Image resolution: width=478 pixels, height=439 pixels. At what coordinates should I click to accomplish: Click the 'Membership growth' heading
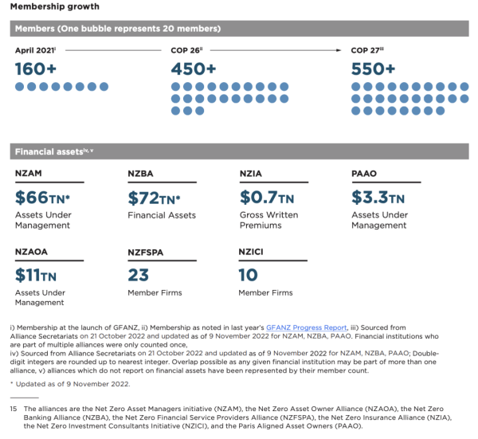[x=49, y=7]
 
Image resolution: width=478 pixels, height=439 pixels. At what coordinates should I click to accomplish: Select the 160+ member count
[x=37, y=69]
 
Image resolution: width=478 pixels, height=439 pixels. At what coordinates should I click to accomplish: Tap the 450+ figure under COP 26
[x=194, y=69]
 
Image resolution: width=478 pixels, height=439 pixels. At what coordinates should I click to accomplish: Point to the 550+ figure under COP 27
[x=373, y=69]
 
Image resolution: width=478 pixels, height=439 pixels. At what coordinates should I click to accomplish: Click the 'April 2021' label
[x=35, y=50]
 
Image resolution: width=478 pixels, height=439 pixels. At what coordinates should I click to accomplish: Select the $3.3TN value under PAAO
[x=378, y=198]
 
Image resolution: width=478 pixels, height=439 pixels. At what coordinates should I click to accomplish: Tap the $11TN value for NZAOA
[x=37, y=275]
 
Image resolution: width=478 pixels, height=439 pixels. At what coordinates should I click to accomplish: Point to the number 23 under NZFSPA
[x=138, y=275]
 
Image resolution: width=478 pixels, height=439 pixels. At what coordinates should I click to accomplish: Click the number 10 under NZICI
[x=249, y=275]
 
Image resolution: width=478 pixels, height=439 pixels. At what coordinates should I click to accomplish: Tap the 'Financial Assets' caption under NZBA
[x=162, y=215]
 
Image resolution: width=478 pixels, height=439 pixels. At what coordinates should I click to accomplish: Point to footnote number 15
[x=14, y=410]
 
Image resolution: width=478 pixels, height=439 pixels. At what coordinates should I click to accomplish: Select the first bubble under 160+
[x=20, y=86]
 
